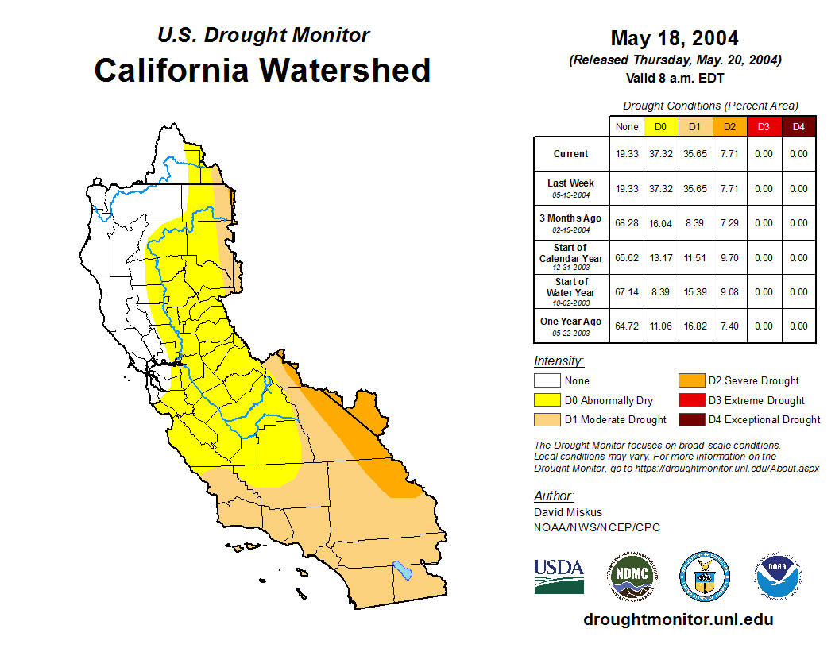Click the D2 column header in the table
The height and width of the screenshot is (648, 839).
(x=729, y=127)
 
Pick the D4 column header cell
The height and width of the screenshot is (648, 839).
(x=798, y=127)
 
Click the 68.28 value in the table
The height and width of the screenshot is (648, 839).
(x=626, y=223)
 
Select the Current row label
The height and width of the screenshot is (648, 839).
(x=571, y=154)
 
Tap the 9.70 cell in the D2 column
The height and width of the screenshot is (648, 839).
(x=729, y=258)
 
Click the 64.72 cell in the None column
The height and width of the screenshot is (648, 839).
(x=626, y=326)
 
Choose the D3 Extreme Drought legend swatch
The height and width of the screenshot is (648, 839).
(x=690, y=400)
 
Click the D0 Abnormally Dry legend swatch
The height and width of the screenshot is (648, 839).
(x=547, y=400)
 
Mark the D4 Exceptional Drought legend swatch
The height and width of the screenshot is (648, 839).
(x=690, y=419)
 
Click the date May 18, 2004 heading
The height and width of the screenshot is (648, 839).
(x=674, y=38)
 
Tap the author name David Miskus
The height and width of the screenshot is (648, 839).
(x=568, y=512)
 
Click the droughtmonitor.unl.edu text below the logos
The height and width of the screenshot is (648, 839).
(x=678, y=619)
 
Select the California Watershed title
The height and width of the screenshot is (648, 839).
(x=262, y=70)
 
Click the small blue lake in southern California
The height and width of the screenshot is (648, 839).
(x=404, y=570)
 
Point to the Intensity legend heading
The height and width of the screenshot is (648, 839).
(x=559, y=361)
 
